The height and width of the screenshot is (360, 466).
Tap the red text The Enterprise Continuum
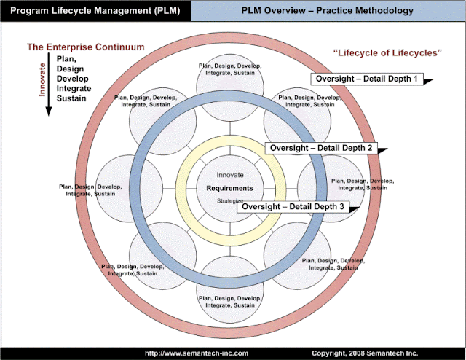(85, 47)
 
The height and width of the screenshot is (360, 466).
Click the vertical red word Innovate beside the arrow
(42, 81)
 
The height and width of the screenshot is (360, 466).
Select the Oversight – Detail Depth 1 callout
(366, 79)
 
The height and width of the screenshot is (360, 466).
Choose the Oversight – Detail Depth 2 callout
(320, 148)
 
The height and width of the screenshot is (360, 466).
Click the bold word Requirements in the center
(229, 188)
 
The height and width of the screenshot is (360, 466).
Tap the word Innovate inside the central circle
(230, 175)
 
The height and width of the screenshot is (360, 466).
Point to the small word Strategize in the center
(229, 200)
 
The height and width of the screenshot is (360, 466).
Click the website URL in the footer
(197, 353)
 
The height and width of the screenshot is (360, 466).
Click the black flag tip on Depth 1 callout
(430, 81)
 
